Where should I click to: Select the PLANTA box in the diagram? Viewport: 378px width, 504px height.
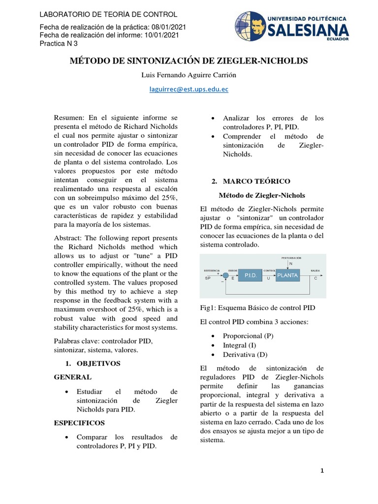pyautogui.click(x=287, y=276)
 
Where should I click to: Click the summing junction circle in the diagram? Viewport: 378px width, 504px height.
pyautogui.click(x=225, y=275)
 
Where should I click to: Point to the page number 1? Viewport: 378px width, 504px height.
pyautogui.click(x=322, y=471)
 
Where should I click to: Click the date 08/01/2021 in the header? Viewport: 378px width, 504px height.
pyautogui.click(x=169, y=28)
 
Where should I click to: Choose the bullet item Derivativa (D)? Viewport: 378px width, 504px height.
pyautogui.click(x=246, y=354)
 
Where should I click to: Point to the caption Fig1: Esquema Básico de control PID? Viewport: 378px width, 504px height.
pyautogui.click(x=257, y=308)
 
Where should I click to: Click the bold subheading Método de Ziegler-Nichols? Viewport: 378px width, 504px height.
pyautogui.click(x=261, y=195)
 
